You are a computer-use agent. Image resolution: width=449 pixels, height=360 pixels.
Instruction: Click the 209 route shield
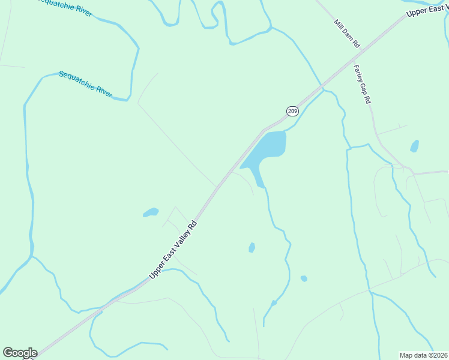point(292,110)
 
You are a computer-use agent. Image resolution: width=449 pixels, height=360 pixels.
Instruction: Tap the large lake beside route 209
point(267,150)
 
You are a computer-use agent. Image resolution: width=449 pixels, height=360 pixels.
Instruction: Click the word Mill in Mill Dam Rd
point(339,26)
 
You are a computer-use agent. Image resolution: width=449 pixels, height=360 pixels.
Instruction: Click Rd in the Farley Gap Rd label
point(367,100)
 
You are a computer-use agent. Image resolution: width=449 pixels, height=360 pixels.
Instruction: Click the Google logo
point(20,353)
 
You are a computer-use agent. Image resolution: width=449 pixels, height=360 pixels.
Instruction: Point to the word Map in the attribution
point(406,355)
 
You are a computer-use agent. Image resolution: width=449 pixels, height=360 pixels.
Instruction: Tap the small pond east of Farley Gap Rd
point(414,146)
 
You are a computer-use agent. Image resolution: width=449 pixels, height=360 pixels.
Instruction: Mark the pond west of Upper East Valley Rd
point(151,212)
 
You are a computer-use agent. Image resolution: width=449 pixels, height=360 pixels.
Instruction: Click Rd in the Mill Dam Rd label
point(356,44)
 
